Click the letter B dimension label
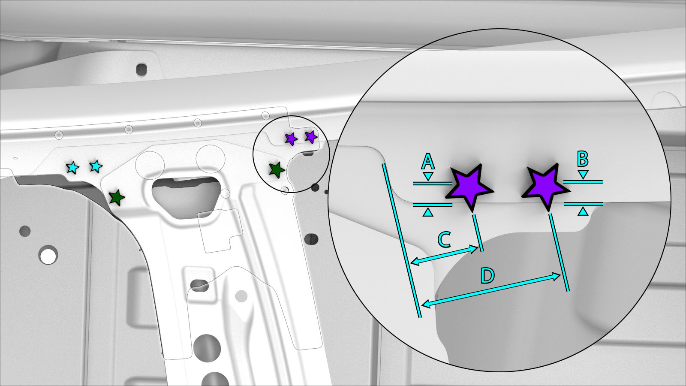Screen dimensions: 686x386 583,159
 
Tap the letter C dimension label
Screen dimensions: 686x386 444,240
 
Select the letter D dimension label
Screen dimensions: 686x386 487,275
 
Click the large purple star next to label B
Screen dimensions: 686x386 545,187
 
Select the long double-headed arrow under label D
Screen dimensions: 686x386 491,290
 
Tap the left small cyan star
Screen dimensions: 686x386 72,168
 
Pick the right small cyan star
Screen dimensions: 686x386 96,166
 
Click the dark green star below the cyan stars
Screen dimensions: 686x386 117,198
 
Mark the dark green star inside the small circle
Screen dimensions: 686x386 277,170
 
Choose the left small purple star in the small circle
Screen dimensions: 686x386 291,139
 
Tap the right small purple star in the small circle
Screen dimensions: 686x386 311,137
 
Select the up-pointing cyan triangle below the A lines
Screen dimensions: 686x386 428,212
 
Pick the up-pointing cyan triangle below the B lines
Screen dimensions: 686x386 583,211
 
